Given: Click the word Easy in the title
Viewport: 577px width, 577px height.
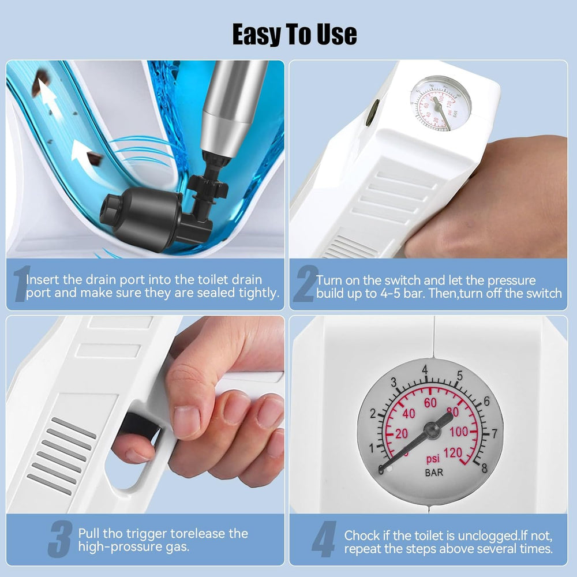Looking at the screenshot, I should pos(257,35).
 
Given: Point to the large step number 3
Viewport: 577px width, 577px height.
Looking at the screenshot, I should pos(60,539).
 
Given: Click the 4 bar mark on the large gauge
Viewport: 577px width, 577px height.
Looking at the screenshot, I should pos(425,369).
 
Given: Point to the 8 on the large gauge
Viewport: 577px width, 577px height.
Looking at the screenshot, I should pos(484,467).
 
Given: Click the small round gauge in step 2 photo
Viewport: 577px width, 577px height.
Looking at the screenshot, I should pos(441,104).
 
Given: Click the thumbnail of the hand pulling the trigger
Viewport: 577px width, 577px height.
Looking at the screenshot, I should pos(145,413).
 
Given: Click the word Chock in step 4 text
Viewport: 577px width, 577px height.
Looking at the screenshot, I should pos(362,535).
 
